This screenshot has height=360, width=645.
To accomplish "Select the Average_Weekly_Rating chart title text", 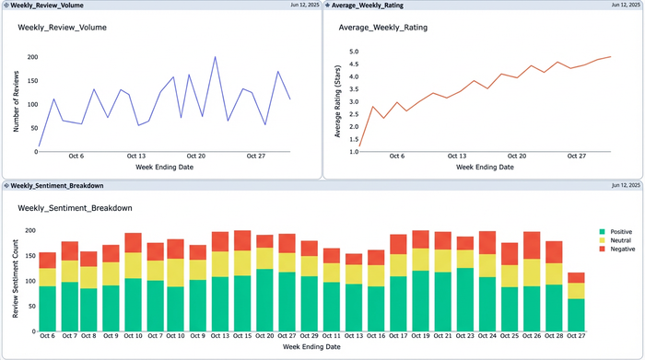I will pyautogui.click(x=382, y=28).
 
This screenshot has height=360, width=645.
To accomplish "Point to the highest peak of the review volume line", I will pyautogui.click(x=215, y=57).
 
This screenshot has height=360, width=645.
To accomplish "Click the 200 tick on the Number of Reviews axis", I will pyautogui.click(x=32, y=57).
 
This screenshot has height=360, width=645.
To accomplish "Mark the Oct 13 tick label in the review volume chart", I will pyautogui.click(x=135, y=157).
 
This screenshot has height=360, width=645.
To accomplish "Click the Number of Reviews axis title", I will pyautogui.click(x=16, y=102).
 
